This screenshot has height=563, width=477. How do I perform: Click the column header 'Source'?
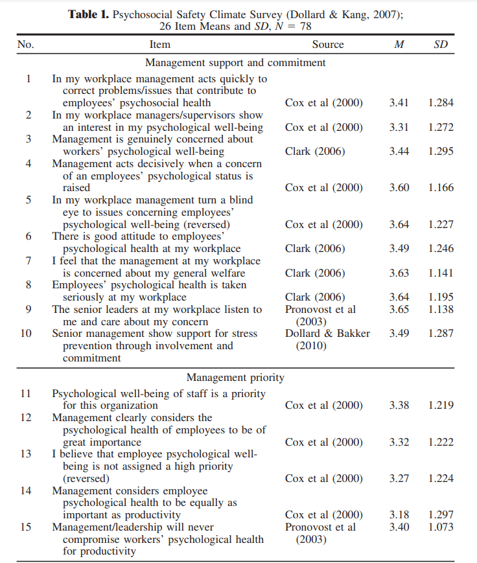click(327, 45)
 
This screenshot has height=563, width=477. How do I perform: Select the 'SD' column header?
click(441, 45)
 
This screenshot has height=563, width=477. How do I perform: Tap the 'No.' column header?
click(26, 45)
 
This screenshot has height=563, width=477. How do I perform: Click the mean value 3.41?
click(399, 102)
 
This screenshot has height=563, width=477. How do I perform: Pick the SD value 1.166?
click(441, 188)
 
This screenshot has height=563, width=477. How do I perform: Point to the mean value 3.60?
click(399, 188)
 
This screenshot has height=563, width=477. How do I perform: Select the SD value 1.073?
click(441, 527)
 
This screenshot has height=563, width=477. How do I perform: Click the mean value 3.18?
click(399, 515)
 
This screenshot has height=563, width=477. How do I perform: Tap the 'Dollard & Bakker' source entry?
click(327, 334)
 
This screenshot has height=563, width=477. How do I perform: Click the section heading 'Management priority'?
click(235, 377)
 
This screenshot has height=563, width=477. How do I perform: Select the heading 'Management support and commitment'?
click(235, 63)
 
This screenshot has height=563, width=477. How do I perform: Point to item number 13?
click(26, 454)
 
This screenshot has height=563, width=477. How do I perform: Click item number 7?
click(28, 260)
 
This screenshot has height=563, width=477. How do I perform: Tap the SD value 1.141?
click(441, 273)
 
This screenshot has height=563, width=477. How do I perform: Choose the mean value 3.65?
click(399, 310)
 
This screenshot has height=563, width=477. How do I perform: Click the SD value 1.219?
click(441, 406)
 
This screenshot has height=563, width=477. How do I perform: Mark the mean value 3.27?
click(399, 479)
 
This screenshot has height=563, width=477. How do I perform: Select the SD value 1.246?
click(441, 249)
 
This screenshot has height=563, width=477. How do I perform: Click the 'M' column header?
click(399, 45)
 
